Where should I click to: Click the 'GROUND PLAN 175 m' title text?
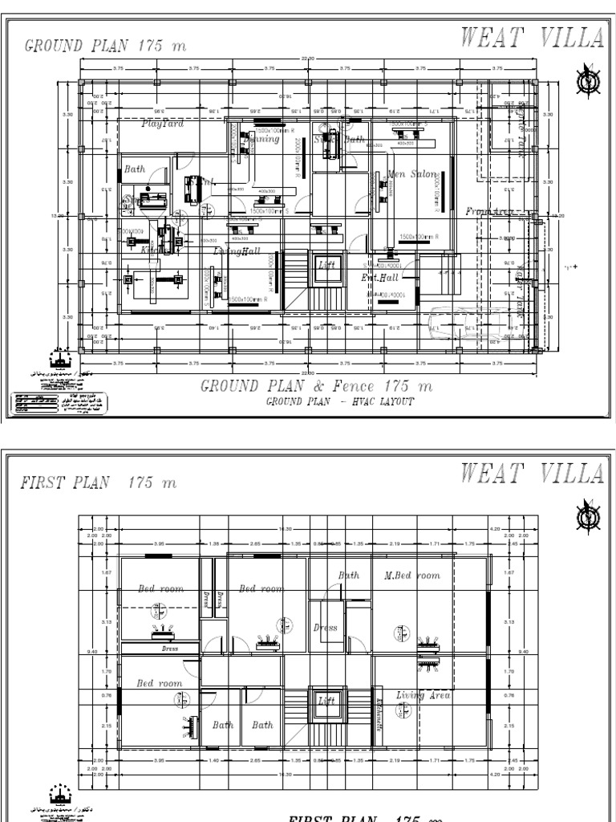[x=105, y=46]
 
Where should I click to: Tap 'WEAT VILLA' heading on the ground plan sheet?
[x=533, y=37]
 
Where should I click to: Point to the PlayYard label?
[x=163, y=124]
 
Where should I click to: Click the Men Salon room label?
[x=412, y=173]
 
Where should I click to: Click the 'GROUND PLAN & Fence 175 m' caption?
[x=316, y=386]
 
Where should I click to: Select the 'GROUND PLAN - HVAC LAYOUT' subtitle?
[x=340, y=401]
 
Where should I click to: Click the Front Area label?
[x=488, y=211]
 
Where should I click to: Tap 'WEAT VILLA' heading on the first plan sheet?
[x=533, y=474]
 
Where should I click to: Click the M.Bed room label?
[x=412, y=576]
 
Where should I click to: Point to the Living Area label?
[x=423, y=695]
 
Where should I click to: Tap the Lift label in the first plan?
[x=326, y=701]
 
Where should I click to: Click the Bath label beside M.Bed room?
[x=348, y=576]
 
